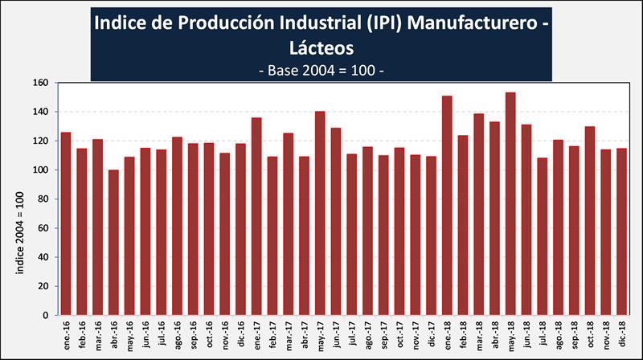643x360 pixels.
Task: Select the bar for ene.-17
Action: click(256, 216)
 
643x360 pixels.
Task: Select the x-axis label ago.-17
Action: click(368, 334)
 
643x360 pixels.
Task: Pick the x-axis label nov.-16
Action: click(225, 334)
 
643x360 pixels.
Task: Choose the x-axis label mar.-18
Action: click(479, 334)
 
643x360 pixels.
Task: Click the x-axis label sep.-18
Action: click(575, 334)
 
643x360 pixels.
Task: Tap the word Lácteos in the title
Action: click(321, 47)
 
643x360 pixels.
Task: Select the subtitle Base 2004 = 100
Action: click(321, 70)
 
